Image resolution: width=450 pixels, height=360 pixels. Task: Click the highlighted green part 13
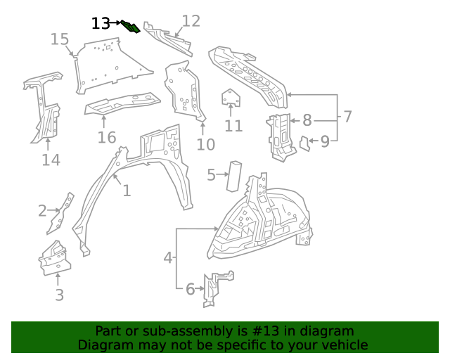coord(131,27)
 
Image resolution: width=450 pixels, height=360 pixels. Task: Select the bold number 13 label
coord(101,23)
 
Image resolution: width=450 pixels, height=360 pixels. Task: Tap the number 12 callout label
coord(191,20)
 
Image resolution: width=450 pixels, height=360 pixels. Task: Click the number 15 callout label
coord(60,39)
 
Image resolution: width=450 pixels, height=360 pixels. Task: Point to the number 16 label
coord(106,137)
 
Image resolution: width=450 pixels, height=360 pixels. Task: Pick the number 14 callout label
coord(51,160)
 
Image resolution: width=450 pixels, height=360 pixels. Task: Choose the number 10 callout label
coord(205,145)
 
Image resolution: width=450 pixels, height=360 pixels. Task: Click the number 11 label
coord(233,126)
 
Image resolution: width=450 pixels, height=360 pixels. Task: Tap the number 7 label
coord(347,116)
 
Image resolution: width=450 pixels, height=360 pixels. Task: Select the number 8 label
coord(307,120)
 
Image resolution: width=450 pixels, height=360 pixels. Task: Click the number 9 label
coord(325,142)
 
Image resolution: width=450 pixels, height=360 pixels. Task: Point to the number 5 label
coord(211,174)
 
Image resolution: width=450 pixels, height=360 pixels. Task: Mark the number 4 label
coord(167,258)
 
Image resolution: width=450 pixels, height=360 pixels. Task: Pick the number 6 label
coord(190,288)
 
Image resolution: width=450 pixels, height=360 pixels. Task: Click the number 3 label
coord(59,295)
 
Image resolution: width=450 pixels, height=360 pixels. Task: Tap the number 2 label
coord(42,210)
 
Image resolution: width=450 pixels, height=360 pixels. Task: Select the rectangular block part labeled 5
coord(233,175)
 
